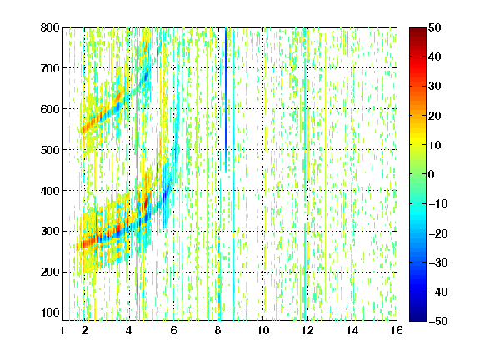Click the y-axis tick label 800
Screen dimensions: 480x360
[x=50, y=27]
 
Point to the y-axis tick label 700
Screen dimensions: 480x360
[x=50, y=68]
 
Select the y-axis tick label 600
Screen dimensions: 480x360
[x=50, y=109]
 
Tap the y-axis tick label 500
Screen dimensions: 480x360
[x=50, y=150]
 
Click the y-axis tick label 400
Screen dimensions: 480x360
[x=50, y=191]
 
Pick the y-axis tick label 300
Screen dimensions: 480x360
[x=50, y=231]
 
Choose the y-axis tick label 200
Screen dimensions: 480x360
[x=50, y=272]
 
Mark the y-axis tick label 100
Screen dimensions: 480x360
[x=50, y=312]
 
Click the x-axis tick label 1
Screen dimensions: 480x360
[x=62, y=330]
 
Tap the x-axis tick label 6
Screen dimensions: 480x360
[x=174, y=330]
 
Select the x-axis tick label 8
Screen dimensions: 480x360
[x=218, y=330]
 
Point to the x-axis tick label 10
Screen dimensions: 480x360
[x=263, y=330]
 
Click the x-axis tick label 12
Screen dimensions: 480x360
[x=307, y=330]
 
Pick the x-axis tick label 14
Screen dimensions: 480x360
[x=352, y=330]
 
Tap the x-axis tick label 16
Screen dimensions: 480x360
[x=397, y=330]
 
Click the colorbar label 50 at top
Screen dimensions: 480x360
[x=434, y=27]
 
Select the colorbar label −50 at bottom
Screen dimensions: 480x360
[x=438, y=321]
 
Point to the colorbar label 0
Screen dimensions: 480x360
[x=432, y=174]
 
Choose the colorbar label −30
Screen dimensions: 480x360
[x=438, y=262]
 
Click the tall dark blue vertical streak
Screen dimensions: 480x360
[x=226, y=99]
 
